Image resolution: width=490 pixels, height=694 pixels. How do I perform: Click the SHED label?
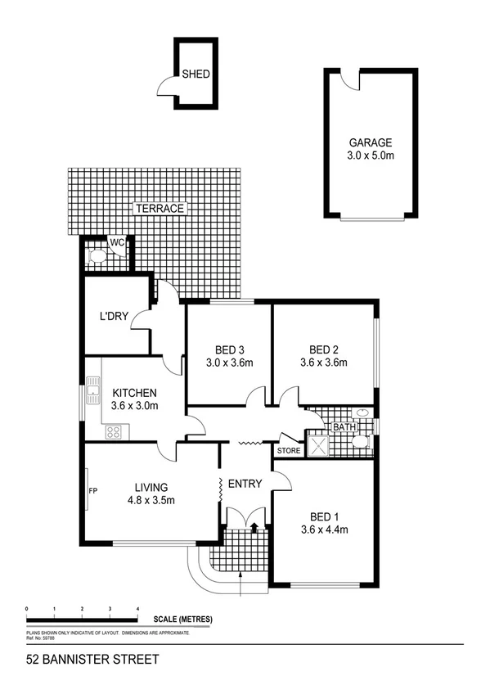(196, 74)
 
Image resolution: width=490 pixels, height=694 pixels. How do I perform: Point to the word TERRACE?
(160, 209)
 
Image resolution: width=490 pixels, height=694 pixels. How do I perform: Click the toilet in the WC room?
(97, 256)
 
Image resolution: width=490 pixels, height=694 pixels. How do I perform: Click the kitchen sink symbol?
(93, 383)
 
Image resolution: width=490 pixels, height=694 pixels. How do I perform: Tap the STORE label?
(289, 450)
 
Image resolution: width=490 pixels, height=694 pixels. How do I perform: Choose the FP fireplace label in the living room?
(92, 492)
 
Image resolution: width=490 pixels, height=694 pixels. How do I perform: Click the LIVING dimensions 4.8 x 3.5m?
(151, 501)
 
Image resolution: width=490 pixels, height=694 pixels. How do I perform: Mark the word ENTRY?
(245, 484)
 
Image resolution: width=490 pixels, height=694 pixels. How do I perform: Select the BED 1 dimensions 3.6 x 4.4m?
(325, 530)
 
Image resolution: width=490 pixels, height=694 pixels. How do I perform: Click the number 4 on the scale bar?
(137, 610)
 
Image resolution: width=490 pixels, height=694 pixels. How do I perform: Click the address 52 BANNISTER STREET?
(80, 659)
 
